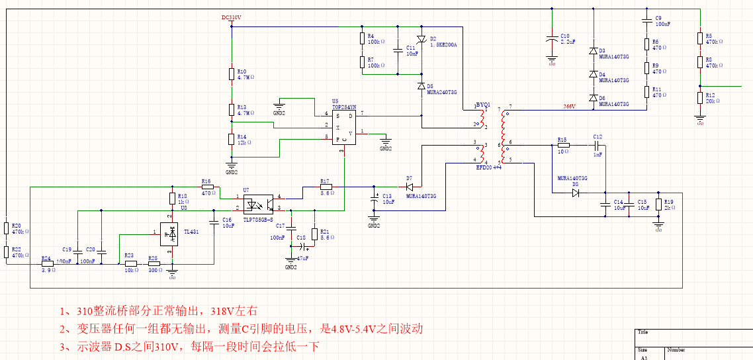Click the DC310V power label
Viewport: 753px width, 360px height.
[232, 18]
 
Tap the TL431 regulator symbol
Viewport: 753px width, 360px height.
[172, 232]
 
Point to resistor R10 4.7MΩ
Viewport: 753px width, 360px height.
[232, 73]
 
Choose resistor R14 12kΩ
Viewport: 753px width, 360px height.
[232, 138]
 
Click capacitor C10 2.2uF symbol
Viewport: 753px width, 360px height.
[552, 39]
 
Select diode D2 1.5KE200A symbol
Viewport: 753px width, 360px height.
[421, 39]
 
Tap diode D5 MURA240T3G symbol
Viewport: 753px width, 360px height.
[421, 87]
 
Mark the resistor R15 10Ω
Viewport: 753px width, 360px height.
[563, 144]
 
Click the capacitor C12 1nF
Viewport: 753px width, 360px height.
[597, 144]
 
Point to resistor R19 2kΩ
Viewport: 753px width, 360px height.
[658, 204]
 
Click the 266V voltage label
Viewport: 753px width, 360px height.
[569, 107]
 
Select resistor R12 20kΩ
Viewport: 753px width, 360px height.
[700, 98]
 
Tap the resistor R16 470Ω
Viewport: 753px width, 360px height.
[207, 187]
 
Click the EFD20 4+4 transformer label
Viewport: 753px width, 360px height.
[489, 168]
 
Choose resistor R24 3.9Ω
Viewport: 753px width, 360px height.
[47, 263]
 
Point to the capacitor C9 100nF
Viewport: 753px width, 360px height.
[647, 22]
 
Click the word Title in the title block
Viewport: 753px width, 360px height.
[642, 332]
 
